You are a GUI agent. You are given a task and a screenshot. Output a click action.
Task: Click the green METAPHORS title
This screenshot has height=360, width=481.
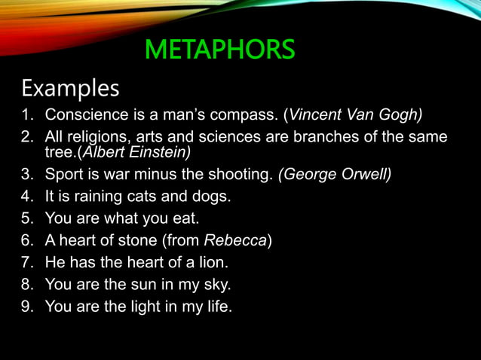(x=219, y=50)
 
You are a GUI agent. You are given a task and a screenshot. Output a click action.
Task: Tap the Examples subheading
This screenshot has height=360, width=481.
(x=70, y=88)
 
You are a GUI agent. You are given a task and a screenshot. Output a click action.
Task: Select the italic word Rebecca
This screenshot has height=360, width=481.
(x=235, y=242)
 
